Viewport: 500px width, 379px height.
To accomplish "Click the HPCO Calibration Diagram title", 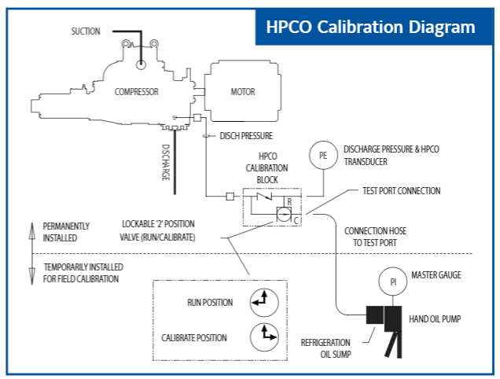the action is click(370, 27).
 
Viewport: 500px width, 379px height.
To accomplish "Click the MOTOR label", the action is click(243, 92).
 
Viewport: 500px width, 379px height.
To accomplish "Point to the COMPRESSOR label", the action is click(137, 92).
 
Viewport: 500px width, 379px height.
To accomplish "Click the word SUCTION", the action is click(86, 31).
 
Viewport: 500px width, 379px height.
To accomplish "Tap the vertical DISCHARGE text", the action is click(166, 163).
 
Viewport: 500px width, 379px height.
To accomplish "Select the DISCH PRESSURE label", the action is click(246, 136).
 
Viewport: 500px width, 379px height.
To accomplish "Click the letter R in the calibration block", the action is click(289, 202).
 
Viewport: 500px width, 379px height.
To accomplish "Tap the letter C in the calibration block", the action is click(296, 220).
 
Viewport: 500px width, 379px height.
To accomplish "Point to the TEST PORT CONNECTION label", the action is click(402, 191).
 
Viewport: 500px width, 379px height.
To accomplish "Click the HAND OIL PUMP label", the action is click(435, 318).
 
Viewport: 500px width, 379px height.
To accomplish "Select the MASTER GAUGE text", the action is click(436, 275).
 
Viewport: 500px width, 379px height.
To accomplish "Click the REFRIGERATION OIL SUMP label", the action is click(326, 348).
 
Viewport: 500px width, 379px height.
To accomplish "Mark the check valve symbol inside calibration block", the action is click(264, 197).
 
